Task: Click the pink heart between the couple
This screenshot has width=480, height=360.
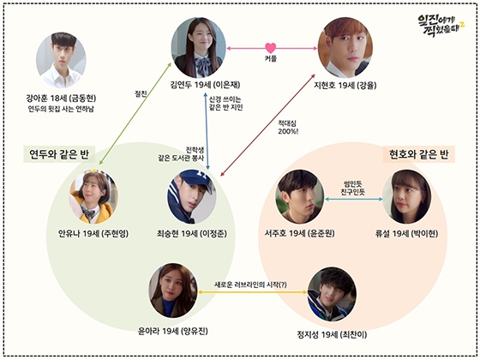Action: [x=271, y=48]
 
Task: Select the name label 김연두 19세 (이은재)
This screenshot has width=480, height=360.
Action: [x=205, y=85]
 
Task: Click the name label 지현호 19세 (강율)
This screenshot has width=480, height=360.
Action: [x=345, y=85]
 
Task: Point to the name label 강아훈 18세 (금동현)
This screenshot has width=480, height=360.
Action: [x=61, y=99]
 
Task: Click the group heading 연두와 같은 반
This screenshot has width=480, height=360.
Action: [x=59, y=154]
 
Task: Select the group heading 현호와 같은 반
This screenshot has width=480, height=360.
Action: [x=419, y=154]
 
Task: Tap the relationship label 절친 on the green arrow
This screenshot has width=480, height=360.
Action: [x=141, y=93]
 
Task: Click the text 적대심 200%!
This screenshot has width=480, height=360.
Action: [x=288, y=128]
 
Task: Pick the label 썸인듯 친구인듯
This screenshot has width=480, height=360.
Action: [x=353, y=188]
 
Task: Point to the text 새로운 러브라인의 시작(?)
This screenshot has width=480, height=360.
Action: [x=250, y=285]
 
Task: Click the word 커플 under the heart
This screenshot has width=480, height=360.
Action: [x=271, y=58]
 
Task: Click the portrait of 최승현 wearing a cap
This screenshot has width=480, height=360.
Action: [x=192, y=197]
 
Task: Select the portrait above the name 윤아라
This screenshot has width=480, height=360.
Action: [x=173, y=291]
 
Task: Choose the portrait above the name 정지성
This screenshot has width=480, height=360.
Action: [x=332, y=294]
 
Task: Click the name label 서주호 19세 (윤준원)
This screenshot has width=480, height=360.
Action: [x=300, y=233]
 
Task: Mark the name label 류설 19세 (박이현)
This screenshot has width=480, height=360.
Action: [x=406, y=233]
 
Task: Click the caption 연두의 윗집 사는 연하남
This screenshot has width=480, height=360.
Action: [x=61, y=109]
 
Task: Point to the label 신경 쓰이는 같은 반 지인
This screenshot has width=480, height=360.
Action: [x=226, y=104]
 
